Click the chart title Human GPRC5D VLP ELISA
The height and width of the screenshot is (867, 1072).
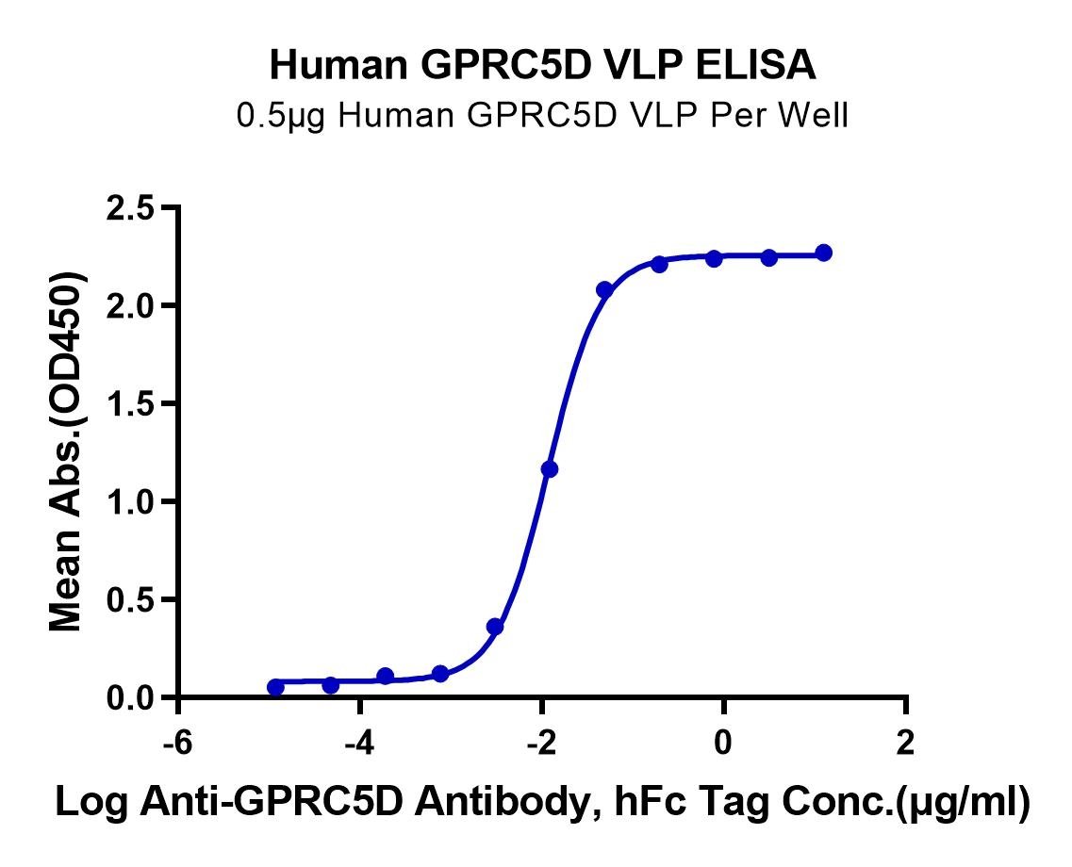(x=544, y=65)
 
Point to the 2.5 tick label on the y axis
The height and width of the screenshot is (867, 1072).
(x=133, y=208)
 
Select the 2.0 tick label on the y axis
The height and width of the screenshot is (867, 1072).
(x=133, y=306)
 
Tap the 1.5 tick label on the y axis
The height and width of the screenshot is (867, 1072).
(x=133, y=404)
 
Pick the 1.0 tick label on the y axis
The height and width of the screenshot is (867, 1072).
(x=133, y=502)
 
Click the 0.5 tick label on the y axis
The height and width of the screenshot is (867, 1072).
(x=133, y=600)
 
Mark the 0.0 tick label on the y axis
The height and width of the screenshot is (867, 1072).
(x=133, y=698)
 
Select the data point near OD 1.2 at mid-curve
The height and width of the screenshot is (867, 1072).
(x=550, y=469)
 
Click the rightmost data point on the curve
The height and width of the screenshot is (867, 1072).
(x=824, y=253)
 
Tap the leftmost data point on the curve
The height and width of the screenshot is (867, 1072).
(x=275, y=687)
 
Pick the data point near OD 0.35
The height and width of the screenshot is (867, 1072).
(x=495, y=627)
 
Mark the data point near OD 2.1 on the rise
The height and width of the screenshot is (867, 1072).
(x=604, y=290)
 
